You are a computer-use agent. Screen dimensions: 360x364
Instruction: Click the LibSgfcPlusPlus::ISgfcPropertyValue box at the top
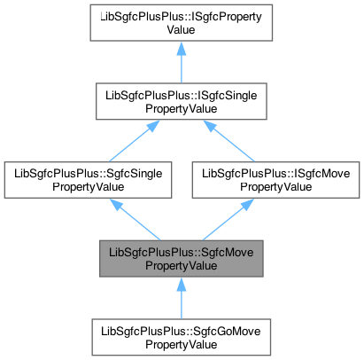(x=182, y=26)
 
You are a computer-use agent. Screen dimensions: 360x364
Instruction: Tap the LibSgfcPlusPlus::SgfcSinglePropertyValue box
(x=89, y=177)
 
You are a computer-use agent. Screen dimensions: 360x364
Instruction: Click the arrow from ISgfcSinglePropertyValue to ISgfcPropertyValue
(x=182, y=64)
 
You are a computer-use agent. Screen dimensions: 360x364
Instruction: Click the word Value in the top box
(x=182, y=33)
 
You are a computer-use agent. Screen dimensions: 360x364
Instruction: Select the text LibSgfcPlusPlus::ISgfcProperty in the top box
(x=182, y=20)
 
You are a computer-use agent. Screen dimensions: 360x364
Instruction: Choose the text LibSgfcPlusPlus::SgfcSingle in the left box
(x=89, y=171)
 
